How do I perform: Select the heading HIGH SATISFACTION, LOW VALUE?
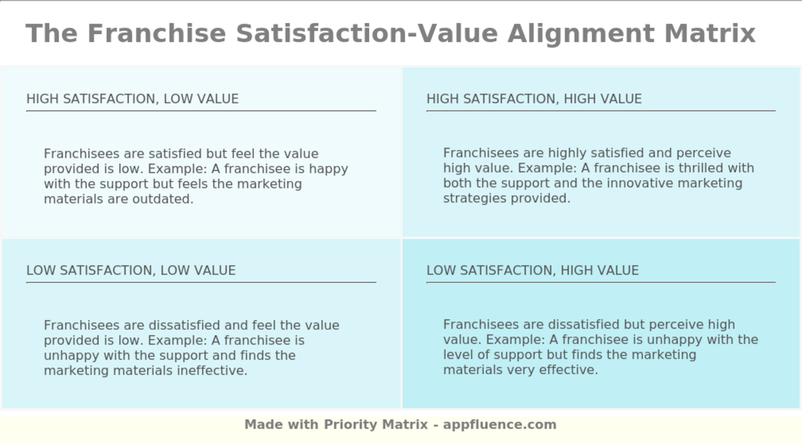pos(132,99)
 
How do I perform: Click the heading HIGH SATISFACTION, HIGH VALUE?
pos(534,99)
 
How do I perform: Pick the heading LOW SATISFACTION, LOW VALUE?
pos(131,271)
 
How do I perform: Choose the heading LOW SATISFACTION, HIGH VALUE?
pos(532,271)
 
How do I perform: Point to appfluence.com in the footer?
pos(500,425)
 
